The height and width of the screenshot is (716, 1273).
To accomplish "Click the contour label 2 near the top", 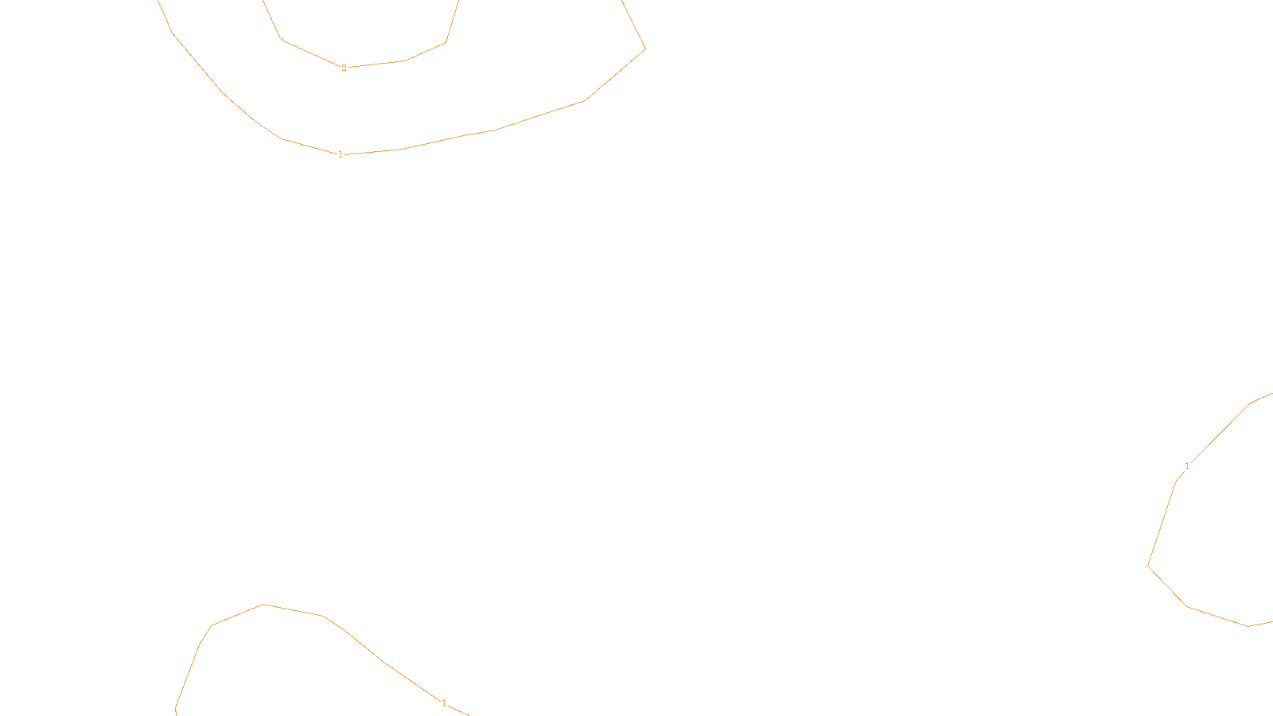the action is tap(344, 68).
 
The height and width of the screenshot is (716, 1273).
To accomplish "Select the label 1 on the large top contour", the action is tap(341, 154).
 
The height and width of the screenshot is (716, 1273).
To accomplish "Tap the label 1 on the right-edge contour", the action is tap(1187, 466).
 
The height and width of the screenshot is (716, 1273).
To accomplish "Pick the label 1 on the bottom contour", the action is tap(444, 703).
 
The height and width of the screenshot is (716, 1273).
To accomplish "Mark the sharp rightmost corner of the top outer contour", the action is tap(644, 49).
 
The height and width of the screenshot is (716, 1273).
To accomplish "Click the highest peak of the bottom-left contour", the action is tap(263, 605).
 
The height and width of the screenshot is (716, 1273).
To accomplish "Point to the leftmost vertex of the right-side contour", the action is tap(1148, 566).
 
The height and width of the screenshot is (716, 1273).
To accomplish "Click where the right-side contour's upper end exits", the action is tap(1271, 394).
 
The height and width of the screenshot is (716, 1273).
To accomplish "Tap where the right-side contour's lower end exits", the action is tap(1271, 622).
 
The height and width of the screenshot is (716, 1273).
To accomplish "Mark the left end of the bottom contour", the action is tap(176, 714).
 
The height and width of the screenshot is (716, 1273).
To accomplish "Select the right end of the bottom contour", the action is tap(469, 714).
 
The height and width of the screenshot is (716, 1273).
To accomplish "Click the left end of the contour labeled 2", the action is tap(263, 2).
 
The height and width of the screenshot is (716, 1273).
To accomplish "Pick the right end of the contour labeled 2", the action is tap(458, 2).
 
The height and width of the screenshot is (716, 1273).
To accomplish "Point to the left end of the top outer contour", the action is tap(159, 2).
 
